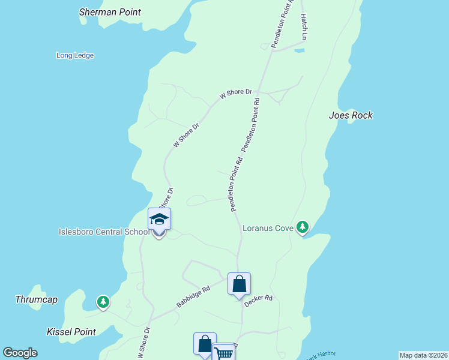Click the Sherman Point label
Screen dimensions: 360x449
coord(110,12)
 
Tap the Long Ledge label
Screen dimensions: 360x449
coord(75,56)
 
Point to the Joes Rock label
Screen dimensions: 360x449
coord(351,115)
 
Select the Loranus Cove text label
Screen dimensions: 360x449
coord(267,228)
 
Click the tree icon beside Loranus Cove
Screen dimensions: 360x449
coord(303,227)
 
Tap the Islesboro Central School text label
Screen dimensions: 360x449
coord(104,232)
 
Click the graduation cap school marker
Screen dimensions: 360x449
coord(159,219)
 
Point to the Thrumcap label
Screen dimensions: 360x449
coord(36,299)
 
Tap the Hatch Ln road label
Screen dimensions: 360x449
coord(304,27)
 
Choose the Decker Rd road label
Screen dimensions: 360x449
coord(259,301)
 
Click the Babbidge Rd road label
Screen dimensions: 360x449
coord(193,298)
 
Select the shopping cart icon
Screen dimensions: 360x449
coord(223,352)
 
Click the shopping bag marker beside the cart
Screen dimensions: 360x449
coord(205,344)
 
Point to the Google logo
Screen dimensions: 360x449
coord(20,353)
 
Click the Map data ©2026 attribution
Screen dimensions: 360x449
coord(423,355)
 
